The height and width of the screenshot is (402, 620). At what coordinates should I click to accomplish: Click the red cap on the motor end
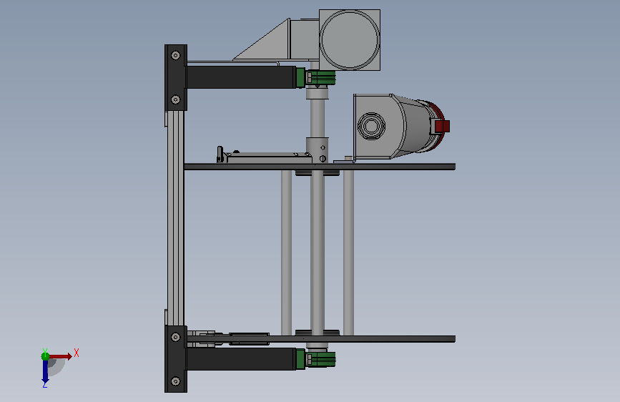point(442,126)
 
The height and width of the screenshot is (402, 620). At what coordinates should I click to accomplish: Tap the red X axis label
point(77,353)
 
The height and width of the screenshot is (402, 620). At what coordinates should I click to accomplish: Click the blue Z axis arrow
point(45,371)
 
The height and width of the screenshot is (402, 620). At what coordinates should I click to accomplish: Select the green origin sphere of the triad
point(45,356)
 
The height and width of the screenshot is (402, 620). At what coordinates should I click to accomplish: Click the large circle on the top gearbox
point(350,40)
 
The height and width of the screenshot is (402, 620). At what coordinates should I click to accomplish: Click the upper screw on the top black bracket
point(176,55)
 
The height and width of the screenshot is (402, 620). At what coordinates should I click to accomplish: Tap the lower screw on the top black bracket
point(176,99)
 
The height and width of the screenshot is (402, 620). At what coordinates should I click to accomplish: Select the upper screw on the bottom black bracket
point(176,337)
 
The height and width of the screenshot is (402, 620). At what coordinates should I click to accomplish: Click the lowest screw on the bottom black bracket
point(176,381)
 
